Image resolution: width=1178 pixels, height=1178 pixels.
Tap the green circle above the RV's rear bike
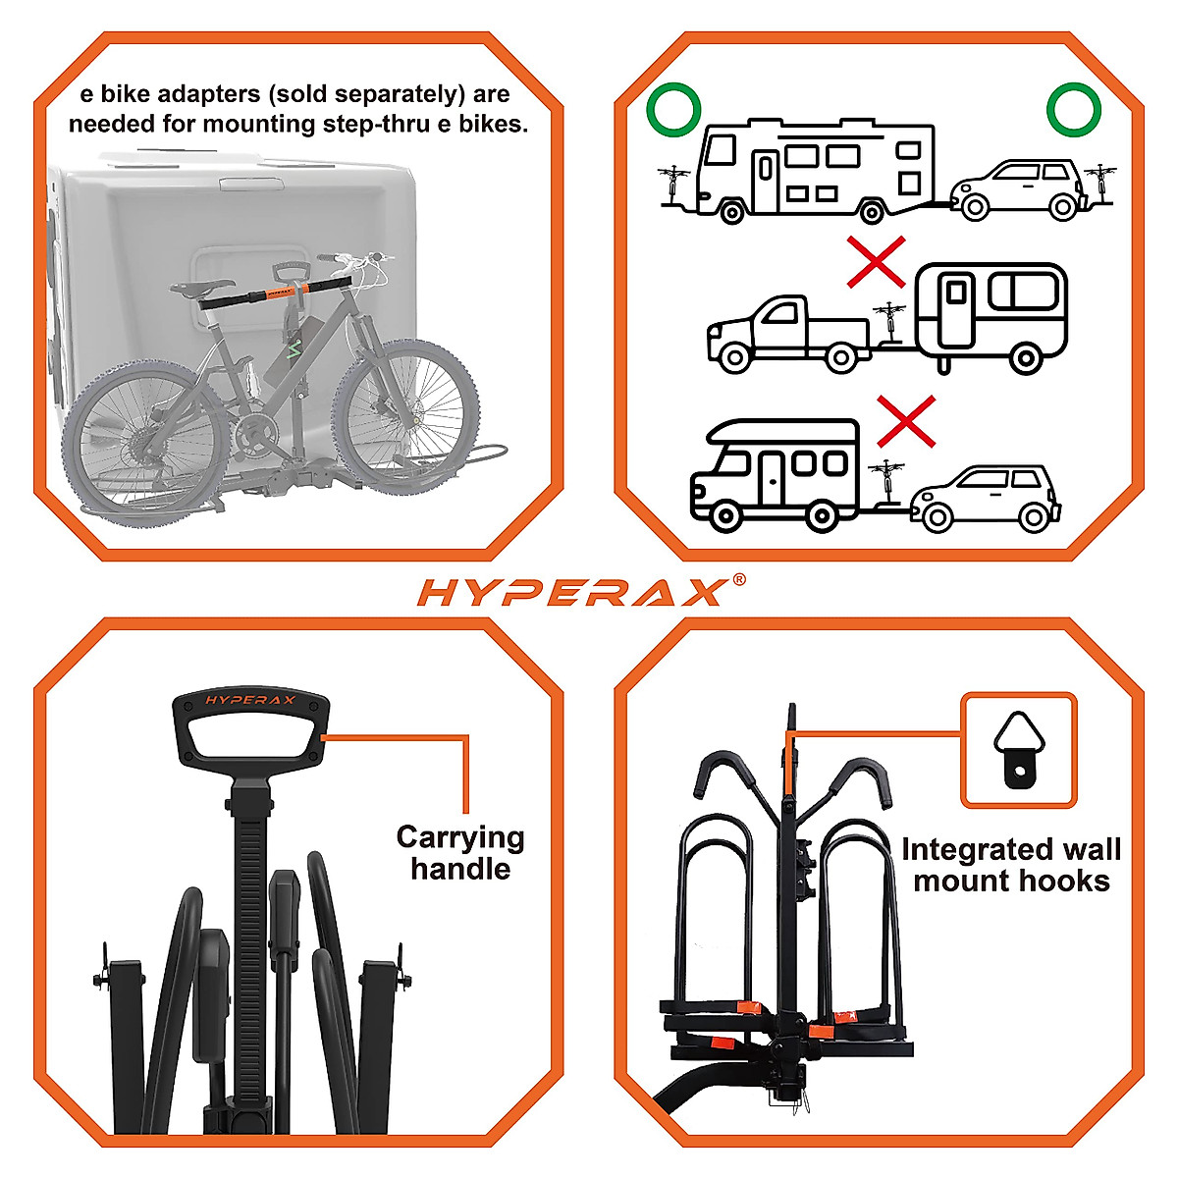(x=673, y=110)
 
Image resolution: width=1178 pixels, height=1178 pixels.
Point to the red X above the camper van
(x=905, y=421)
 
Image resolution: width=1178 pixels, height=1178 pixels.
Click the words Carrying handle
(x=460, y=852)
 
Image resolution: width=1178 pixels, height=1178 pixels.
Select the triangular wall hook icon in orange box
(x=1018, y=750)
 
